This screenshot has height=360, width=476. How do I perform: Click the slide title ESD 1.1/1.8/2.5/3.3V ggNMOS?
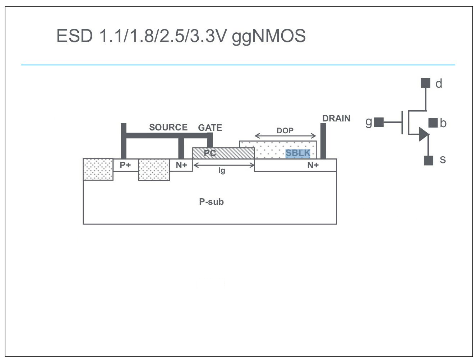point(181,36)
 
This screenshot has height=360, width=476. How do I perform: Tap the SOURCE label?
point(168,128)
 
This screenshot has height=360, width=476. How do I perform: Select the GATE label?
point(210,128)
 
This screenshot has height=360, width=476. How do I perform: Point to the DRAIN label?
point(336,119)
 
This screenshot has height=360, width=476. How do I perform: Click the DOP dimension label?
point(285,131)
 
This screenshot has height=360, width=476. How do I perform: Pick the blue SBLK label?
point(298,153)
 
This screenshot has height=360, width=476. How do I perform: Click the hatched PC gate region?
point(223,153)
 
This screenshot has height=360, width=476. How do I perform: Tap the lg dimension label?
point(222,170)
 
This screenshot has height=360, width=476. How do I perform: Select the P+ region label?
point(125,165)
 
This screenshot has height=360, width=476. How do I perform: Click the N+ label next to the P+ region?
point(181,165)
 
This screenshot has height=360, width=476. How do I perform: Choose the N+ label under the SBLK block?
point(313,165)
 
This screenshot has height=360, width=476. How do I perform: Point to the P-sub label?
point(211,202)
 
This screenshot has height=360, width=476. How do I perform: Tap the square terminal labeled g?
point(379,123)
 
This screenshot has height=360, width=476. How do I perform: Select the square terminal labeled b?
point(433,123)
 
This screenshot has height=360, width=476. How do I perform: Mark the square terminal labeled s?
point(429,160)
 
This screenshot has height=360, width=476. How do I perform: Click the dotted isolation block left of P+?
point(98,169)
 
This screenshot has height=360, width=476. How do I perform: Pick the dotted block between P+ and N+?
point(154,170)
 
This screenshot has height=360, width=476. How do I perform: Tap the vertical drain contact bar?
point(323,141)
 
